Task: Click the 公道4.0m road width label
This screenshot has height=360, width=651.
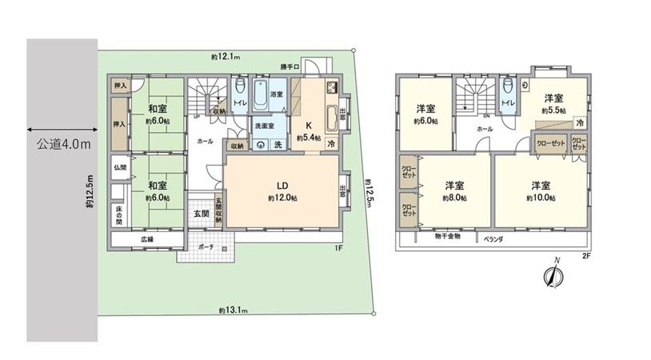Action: click(63, 145)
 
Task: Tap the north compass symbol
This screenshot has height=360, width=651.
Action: click(552, 274)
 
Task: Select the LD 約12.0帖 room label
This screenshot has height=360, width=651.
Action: click(279, 191)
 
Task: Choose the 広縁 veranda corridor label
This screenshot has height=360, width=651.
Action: click(147, 239)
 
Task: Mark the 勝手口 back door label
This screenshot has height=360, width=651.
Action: click(290, 67)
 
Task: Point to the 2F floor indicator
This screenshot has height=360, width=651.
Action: click(586, 256)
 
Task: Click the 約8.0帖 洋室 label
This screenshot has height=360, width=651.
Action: click(454, 191)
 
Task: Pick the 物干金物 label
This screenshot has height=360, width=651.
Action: click(448, 237)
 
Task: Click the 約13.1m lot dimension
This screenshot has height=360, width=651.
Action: click(232, 310)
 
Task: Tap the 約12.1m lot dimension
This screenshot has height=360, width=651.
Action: click(226, 57)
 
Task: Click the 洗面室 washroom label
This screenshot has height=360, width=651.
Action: click(264, 126)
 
